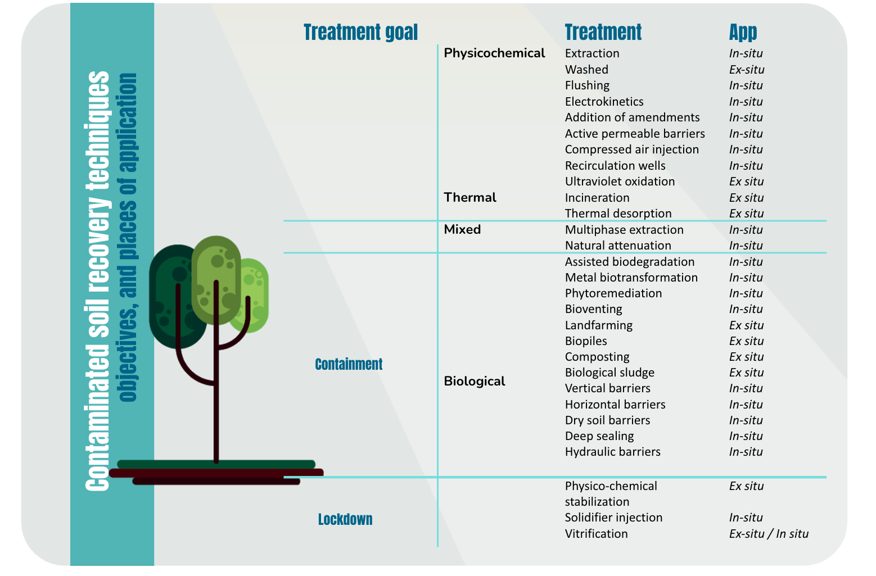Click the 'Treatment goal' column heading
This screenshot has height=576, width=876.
360,32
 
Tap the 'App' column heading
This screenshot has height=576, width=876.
743,33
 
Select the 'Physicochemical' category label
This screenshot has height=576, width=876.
494,53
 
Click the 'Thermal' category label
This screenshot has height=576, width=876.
469,197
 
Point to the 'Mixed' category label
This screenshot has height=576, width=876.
462,229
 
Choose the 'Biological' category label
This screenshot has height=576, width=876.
475,381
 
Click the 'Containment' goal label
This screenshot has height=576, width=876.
349,364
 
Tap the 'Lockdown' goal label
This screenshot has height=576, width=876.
345,519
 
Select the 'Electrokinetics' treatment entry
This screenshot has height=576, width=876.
604,102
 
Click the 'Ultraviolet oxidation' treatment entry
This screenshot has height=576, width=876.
620,182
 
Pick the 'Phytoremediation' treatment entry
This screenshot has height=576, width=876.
613,293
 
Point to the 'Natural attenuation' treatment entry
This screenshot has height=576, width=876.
618,246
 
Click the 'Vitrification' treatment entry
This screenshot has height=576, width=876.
597,534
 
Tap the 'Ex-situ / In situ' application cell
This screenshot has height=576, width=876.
769,534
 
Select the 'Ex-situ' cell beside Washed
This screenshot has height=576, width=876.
747,70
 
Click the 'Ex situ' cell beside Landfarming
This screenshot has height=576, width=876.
747,325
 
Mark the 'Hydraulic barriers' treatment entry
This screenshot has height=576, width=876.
613,452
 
